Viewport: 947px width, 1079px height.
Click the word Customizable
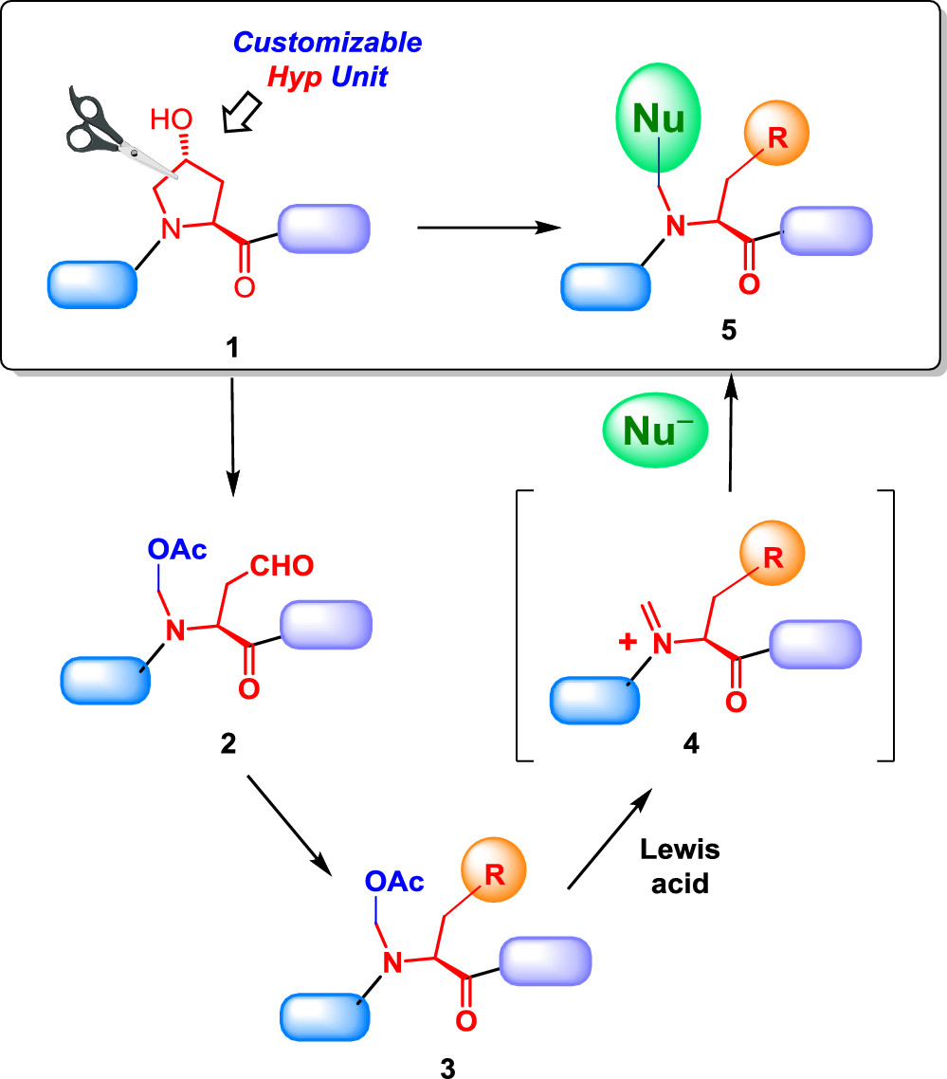(327, 43)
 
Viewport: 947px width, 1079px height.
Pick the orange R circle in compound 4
(772, 556)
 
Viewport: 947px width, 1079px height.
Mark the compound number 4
(690, 745)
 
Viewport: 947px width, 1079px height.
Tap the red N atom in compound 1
(170, 227)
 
